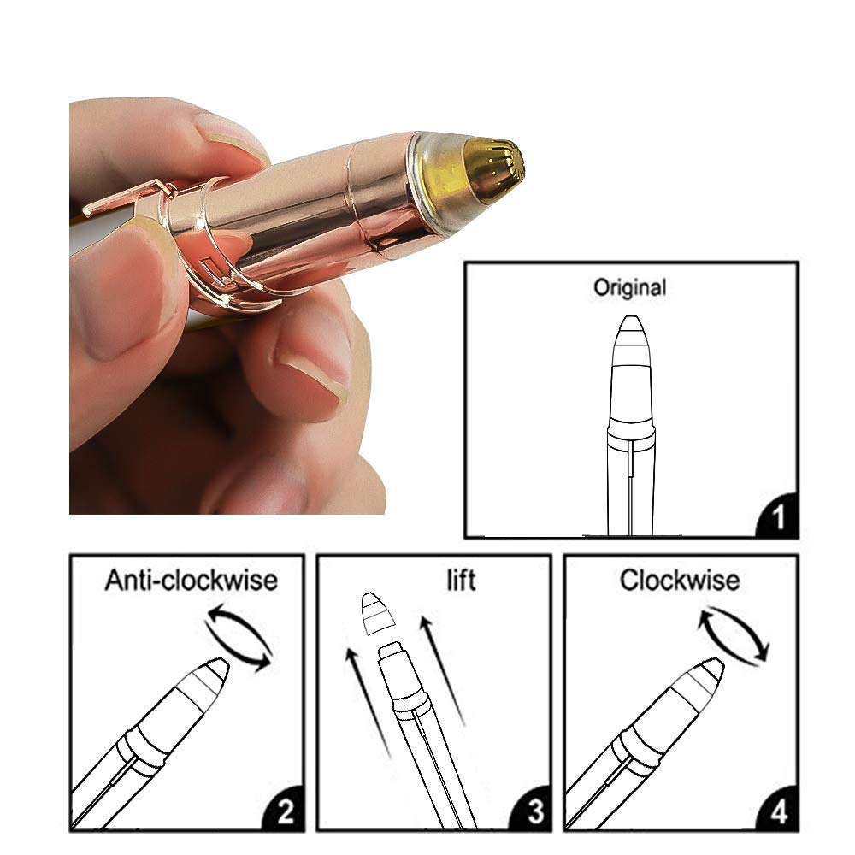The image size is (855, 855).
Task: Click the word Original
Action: point(630,287)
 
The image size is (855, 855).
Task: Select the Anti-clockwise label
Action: point(191,581)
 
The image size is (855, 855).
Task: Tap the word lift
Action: point(461,581)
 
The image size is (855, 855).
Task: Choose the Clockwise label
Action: point(680,581)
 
